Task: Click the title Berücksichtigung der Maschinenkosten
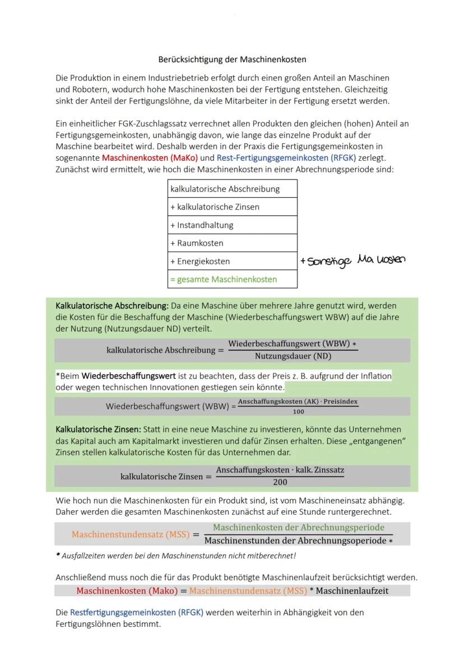tap(232, 59)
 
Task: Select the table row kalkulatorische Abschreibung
tap(232, 189)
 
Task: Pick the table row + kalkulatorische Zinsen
tap(232, 207)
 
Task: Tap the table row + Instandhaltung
tap(232, 225)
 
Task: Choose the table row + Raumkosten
tap(232, 243)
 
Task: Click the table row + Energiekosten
tap(232, 261)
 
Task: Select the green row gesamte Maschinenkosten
tap(232, 279)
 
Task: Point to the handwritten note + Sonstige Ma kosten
tap(352, 260)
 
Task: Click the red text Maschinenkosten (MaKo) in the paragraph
tap(150, 158)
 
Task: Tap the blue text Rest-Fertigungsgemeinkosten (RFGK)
tap(286, 158)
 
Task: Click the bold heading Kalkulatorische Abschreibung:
tap(112, 306)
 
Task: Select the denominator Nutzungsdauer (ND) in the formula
tap(293, 356)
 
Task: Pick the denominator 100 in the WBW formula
tap(298, 412)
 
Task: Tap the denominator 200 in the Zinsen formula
tap(280, 482)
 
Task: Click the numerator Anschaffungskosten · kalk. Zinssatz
tap(280, 471)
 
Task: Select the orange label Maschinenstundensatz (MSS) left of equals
tap(131, 534)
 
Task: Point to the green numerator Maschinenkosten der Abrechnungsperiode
tap(298, 528)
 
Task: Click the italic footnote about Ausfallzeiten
tap(175, 556)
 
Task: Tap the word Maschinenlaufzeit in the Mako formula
tap(352, 590)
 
